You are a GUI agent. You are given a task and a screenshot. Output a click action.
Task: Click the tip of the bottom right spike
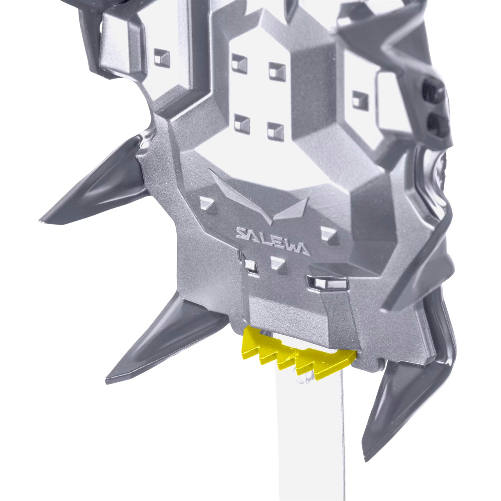367,460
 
